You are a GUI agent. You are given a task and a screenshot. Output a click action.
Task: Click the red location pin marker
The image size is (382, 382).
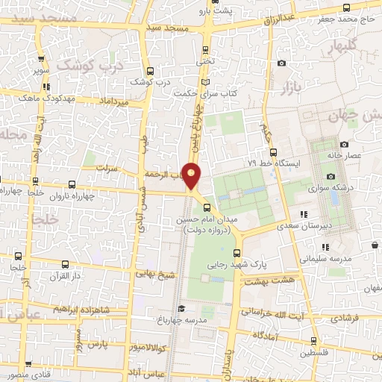coord(192,175)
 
